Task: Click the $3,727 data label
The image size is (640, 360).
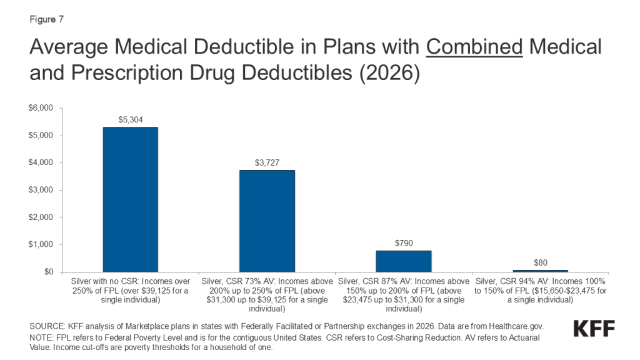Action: pyautogui.click(x=267, y=162)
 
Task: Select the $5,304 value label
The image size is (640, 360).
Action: pyautogui.click(x=130, y=119)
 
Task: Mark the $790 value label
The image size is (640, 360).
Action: pyautogui.click(x=403, y=242)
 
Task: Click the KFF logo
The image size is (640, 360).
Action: pyautogui.click(x=593, y=329)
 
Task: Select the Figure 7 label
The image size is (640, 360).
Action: pyautogui.click(x=46, y=19)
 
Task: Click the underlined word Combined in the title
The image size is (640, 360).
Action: pyautogui.click(x=474, y=47)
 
